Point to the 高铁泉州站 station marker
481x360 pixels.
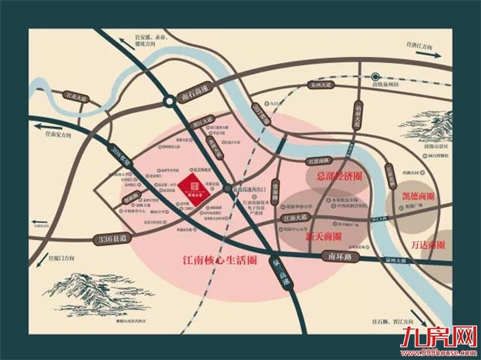376,76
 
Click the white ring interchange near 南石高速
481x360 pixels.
169,102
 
